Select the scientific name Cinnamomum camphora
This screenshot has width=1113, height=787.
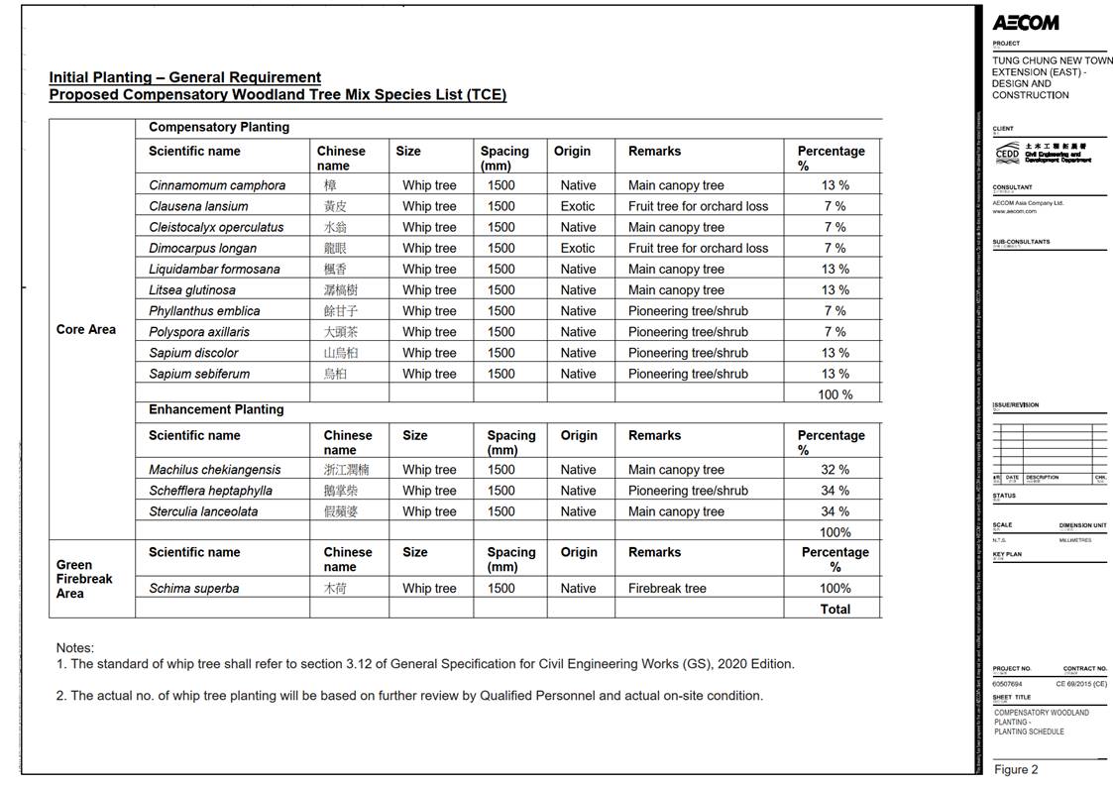[x=217, y=185]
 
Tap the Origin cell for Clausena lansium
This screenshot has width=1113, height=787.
[x=578, y=206]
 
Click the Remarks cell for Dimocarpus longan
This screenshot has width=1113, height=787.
[x=698, y=248]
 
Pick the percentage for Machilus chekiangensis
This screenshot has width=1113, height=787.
[x=835, y=470]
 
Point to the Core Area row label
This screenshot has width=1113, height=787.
[x=86, y=329]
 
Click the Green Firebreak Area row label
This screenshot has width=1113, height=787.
[x=84, y=579]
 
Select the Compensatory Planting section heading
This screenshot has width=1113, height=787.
[x=219, y=127]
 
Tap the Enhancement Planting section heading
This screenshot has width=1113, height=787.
[x=216, y=409]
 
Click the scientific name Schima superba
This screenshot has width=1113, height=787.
[x=194, y=588]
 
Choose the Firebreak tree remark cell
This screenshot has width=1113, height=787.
[x=667, y=588]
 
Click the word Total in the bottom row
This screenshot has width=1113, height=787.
[x=835, y=610]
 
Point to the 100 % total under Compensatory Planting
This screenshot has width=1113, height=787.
[x=835, y=394]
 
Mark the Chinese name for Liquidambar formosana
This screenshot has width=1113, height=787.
[x=334, y=269]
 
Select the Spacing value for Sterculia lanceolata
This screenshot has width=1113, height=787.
[x=501, y=511]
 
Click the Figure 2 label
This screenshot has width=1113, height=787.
[x=1016, y=770]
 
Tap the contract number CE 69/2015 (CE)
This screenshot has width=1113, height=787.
[x=1080, y=684]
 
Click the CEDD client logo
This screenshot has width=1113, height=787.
[x=1006, y=153]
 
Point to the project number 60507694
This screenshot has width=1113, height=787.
[x=1007, y=684]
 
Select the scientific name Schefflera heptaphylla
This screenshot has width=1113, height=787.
[x=210, y=491]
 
